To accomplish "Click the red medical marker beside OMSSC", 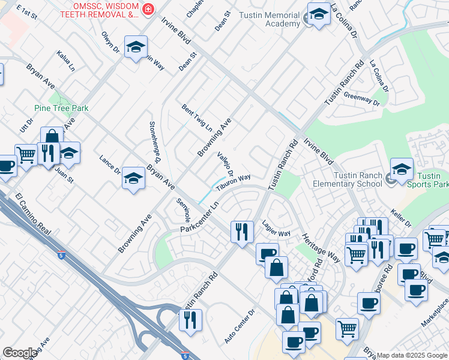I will coord(147,10).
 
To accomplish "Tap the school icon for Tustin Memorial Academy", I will coord(319,16).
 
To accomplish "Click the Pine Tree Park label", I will coord(61,108).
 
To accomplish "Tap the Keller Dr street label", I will coord(400,218).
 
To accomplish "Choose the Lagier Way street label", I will coord(276,228).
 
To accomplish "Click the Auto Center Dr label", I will coord(240,326).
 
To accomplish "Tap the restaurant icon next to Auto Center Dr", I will coord(191,320).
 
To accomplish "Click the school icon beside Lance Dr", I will coord(133,179).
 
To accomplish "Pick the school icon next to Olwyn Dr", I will coord(136,47).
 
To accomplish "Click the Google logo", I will coord(20,353).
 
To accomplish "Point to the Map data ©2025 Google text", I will coord(412,355).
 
